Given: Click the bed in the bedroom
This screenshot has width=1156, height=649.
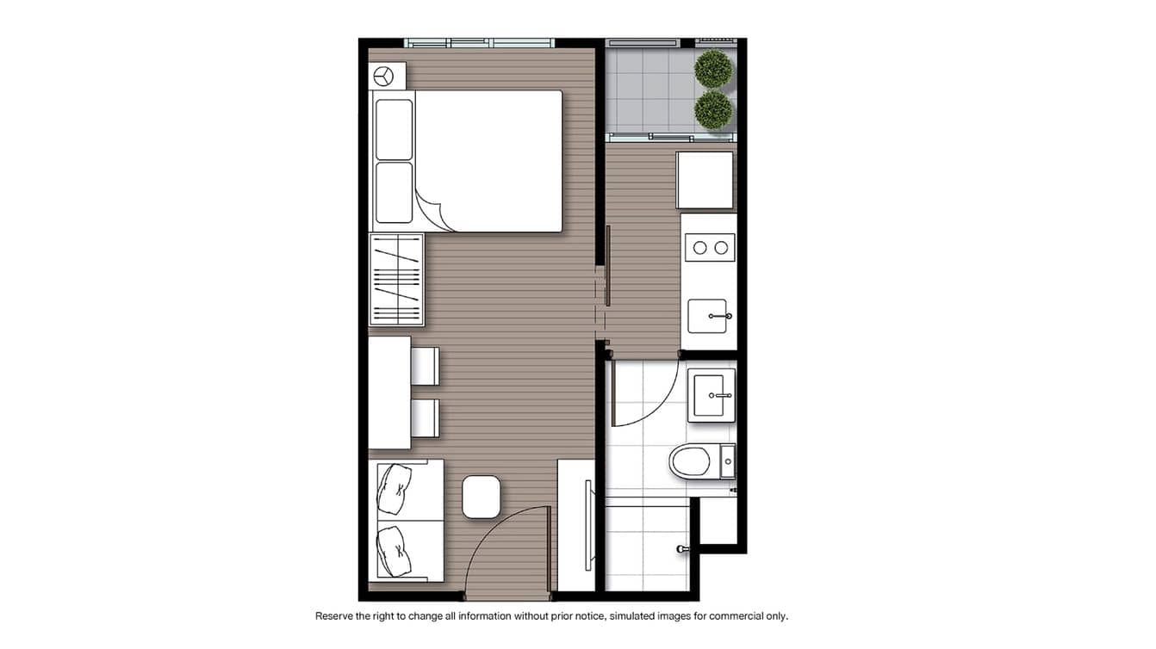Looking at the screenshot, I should (x=487, y=161).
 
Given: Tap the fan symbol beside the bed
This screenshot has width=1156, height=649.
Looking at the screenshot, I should (x=382, y=77).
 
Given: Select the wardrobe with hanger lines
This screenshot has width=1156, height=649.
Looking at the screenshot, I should (x=396, y=279).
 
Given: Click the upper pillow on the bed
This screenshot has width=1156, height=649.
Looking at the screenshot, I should (x=394, y=129).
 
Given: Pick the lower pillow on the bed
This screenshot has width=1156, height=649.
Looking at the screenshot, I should (x=394, y=192).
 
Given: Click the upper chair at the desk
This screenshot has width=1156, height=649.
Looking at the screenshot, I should (x=425, y=366).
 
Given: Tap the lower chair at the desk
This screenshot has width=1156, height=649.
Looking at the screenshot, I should (x=425, y=417).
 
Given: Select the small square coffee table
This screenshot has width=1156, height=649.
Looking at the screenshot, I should (x=481, y=497).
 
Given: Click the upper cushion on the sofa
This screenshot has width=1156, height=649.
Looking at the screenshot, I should (x=395, y=488).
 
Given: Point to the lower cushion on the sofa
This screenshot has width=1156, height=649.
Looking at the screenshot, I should (x=395, y=551).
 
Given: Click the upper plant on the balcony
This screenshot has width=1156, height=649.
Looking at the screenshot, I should (x=713, y=69).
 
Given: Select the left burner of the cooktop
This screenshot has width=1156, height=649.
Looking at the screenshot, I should (x=699, y=248).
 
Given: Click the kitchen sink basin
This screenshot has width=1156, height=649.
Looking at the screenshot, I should (x=707, y=316).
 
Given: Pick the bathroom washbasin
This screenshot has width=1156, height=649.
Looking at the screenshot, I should (x=711, y=396).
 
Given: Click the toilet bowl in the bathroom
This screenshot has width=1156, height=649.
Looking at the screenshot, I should (x=691, y=461).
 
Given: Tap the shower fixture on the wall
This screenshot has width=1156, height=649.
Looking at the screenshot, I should (x=683, y=548).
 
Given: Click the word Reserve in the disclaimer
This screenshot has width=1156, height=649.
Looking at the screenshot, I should (x=334, y=616).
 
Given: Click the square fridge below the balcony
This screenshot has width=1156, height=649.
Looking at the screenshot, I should (x=705, y=180).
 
